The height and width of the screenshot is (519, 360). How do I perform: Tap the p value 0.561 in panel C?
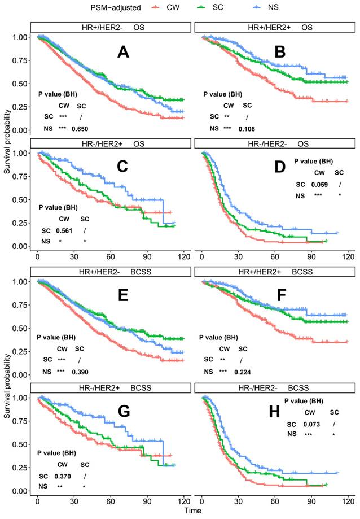63,230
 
